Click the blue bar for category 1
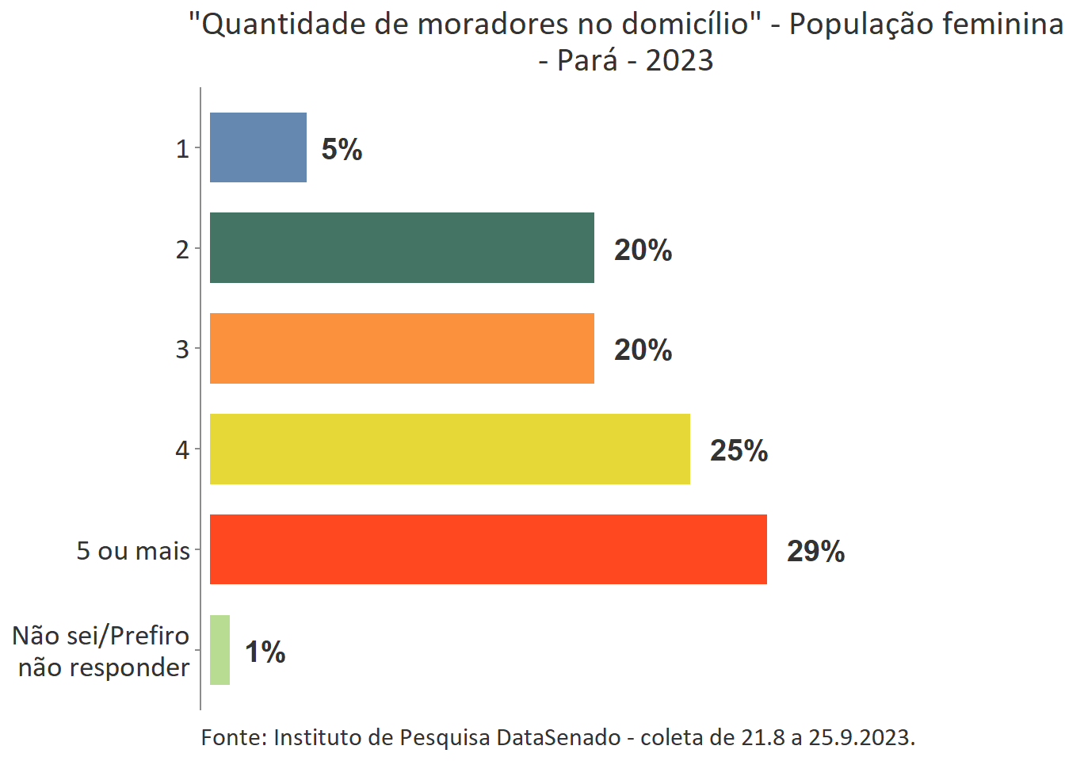258,147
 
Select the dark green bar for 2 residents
402,247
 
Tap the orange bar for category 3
402,348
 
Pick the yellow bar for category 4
449,449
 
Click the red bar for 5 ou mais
488,549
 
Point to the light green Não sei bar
219,650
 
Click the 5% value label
342,149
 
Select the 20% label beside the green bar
643,250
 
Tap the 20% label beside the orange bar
643,350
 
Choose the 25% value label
739,450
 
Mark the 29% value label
815,551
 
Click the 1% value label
265,652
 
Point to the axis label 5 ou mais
133,550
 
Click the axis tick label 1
182,148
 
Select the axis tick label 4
182,449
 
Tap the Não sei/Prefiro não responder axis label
101,651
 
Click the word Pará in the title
587,60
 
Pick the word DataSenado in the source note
559,737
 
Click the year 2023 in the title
679,60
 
